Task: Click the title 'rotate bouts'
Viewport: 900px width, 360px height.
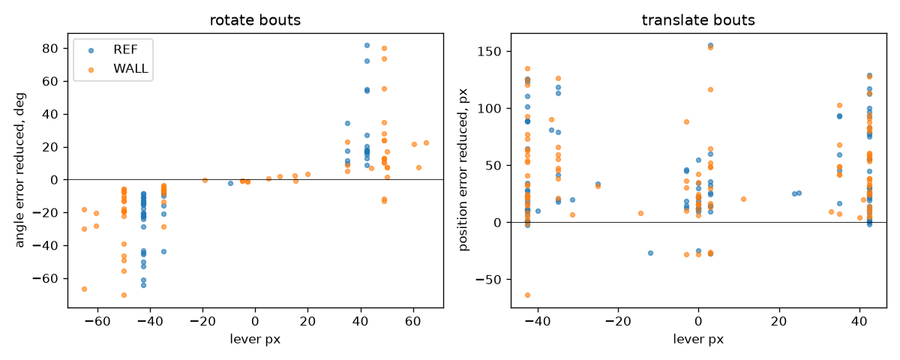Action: (x=255, y=20)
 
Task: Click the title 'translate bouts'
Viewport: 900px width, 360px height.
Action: (x=698, y=20)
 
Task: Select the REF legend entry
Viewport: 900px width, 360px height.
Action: (x=113, y=49)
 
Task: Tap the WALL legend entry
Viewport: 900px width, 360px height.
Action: (x=118, y=69)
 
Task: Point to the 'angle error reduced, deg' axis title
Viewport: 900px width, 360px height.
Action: (x=20, y=170)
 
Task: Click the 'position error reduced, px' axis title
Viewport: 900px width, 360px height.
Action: (x=463, y=170)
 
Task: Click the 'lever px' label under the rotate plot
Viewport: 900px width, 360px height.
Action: (x=255, y=340)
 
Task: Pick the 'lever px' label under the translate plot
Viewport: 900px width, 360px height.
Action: (x=698, y=340)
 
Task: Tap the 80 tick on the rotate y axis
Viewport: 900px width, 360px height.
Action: (x=50, y=49)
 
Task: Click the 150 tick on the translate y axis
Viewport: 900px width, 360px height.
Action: (x=489, y=52)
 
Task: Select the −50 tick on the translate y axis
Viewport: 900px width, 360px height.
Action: (x=488, y=280)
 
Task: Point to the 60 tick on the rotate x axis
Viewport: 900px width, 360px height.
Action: (x=413, y=322)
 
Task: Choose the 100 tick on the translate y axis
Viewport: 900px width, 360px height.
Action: (x=489, y=109)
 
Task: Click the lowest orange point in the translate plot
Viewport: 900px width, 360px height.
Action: (x=527, y=295)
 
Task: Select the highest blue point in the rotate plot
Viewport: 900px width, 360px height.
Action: (x=367, y=46)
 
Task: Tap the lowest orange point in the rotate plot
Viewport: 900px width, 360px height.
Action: (x=124, y=295)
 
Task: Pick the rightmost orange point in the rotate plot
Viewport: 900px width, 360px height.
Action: (x=426, y=143)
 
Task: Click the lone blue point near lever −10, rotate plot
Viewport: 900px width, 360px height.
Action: (x=231, y=183)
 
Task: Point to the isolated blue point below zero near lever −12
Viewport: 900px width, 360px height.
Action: (x=650, y=253)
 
